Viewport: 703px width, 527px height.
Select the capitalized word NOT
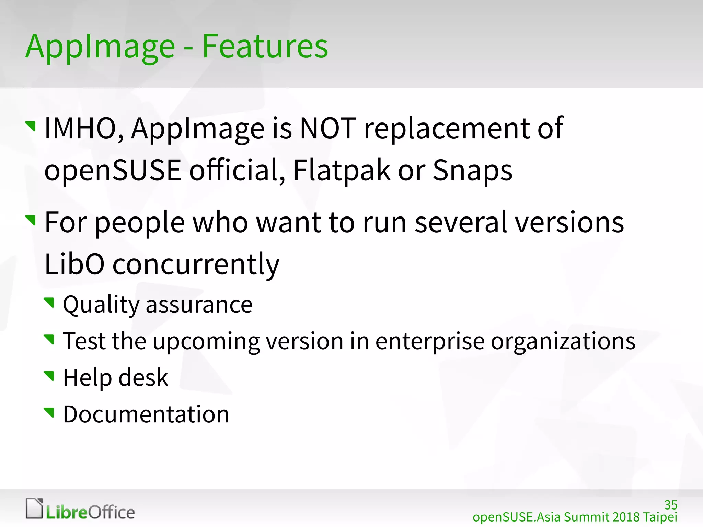click(328, 128)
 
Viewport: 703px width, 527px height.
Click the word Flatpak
click(342, 171)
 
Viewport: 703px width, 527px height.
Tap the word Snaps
click(472, 171)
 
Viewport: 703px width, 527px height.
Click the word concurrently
click(196, 265)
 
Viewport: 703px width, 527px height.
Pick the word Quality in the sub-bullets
click(101, 305)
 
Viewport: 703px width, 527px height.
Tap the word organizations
click(563, 342)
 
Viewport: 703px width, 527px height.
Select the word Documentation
click(146, 414)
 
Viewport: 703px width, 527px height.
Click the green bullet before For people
click(31, 220)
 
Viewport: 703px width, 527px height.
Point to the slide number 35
click(670, 505)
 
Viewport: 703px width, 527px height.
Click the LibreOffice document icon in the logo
click(34, 508)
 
